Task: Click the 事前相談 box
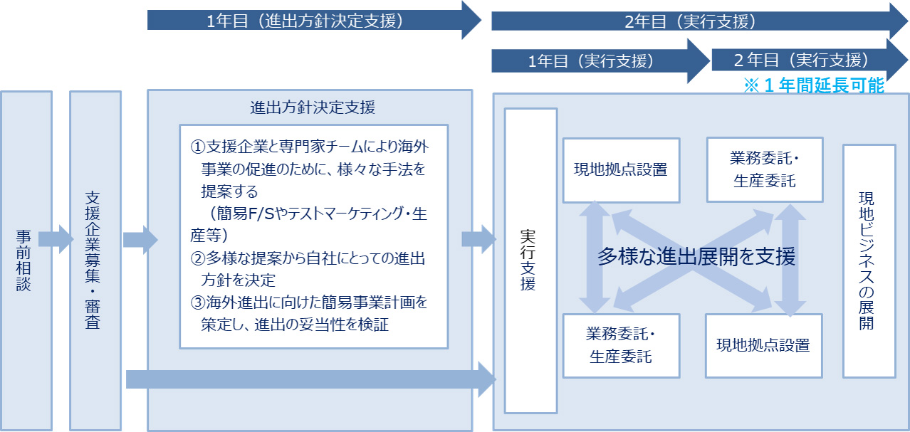click(26, 260)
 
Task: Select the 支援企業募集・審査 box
click(95, 260)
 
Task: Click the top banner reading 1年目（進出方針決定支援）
click(306, 20)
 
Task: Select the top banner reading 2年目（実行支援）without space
click(691, 21)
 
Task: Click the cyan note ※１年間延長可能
click(814, 86)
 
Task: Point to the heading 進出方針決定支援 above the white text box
click(313, 108)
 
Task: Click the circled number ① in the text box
click(198, 147)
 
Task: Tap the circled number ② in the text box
click(198, 257)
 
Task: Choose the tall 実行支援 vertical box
click(530, 260)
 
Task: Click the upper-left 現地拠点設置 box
click(621, 170)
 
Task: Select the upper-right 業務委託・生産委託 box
click(764, 169)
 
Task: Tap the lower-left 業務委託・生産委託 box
click(620, 345)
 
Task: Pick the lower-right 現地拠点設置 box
click(763, 345)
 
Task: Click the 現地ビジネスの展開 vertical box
click(868, 260)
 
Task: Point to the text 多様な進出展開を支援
click(696, 257)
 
